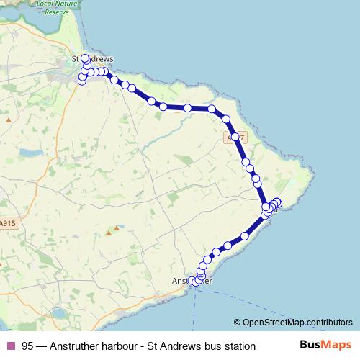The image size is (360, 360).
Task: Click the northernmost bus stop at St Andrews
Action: (84, 58)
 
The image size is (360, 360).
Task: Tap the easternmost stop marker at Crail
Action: (278, 202)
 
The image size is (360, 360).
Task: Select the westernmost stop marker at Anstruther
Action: (192, 282)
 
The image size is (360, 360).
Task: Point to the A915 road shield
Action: (7, 223)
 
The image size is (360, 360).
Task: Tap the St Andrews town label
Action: (94, 59)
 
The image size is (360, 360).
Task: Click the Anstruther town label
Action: (192, 281)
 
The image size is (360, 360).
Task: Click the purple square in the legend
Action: (10, 346)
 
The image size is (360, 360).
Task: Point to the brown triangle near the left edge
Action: (9, 120)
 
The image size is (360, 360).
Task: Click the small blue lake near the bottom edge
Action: (59, 314)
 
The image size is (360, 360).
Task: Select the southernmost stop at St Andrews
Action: (81, 81)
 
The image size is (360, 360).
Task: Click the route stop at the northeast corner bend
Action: (212, 109)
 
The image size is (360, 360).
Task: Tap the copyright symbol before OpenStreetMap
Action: (238, 322)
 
